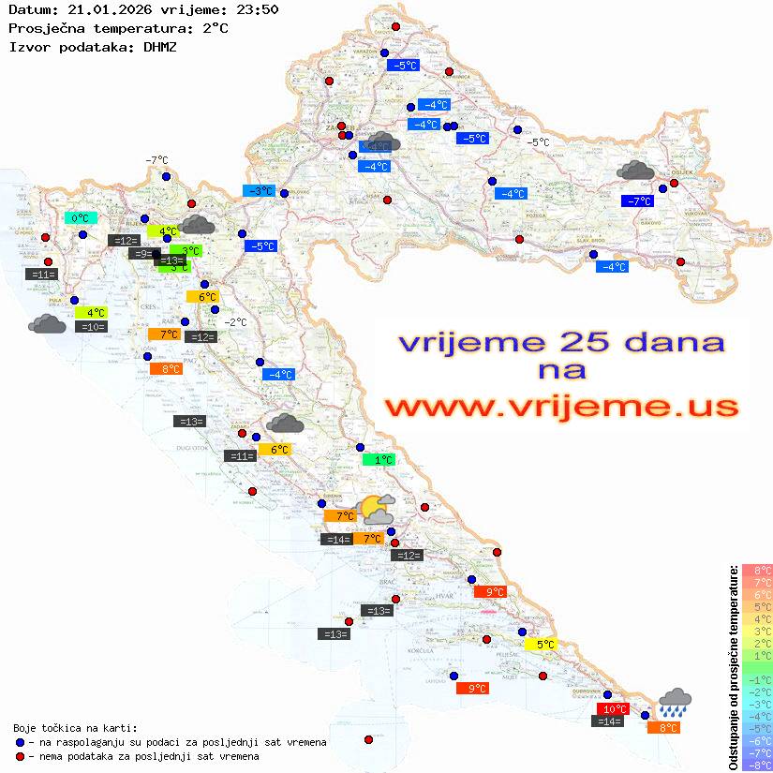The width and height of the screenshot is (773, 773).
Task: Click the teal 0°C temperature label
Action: tap(81, 218)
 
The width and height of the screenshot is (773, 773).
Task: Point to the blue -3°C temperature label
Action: tap(260, 191)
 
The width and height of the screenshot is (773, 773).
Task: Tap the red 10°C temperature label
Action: tap(613, 709)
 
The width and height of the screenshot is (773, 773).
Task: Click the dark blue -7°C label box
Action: tap(638, 201)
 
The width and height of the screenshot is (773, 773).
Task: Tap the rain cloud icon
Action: tap(675, 702)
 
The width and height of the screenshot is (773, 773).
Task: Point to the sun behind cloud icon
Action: tap(376, 510)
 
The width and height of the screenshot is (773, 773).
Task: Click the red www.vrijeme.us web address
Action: tap(560, 408)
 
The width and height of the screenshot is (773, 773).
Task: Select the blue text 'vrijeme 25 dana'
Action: tap(560, 342)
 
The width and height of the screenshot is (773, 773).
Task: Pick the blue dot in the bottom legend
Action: tap(20, 742)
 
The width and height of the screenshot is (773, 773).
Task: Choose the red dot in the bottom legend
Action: tap(20, 756)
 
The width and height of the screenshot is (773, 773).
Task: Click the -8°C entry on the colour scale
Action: tap(756, 765)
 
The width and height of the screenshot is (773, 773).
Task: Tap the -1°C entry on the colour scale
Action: tap(756, 679)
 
